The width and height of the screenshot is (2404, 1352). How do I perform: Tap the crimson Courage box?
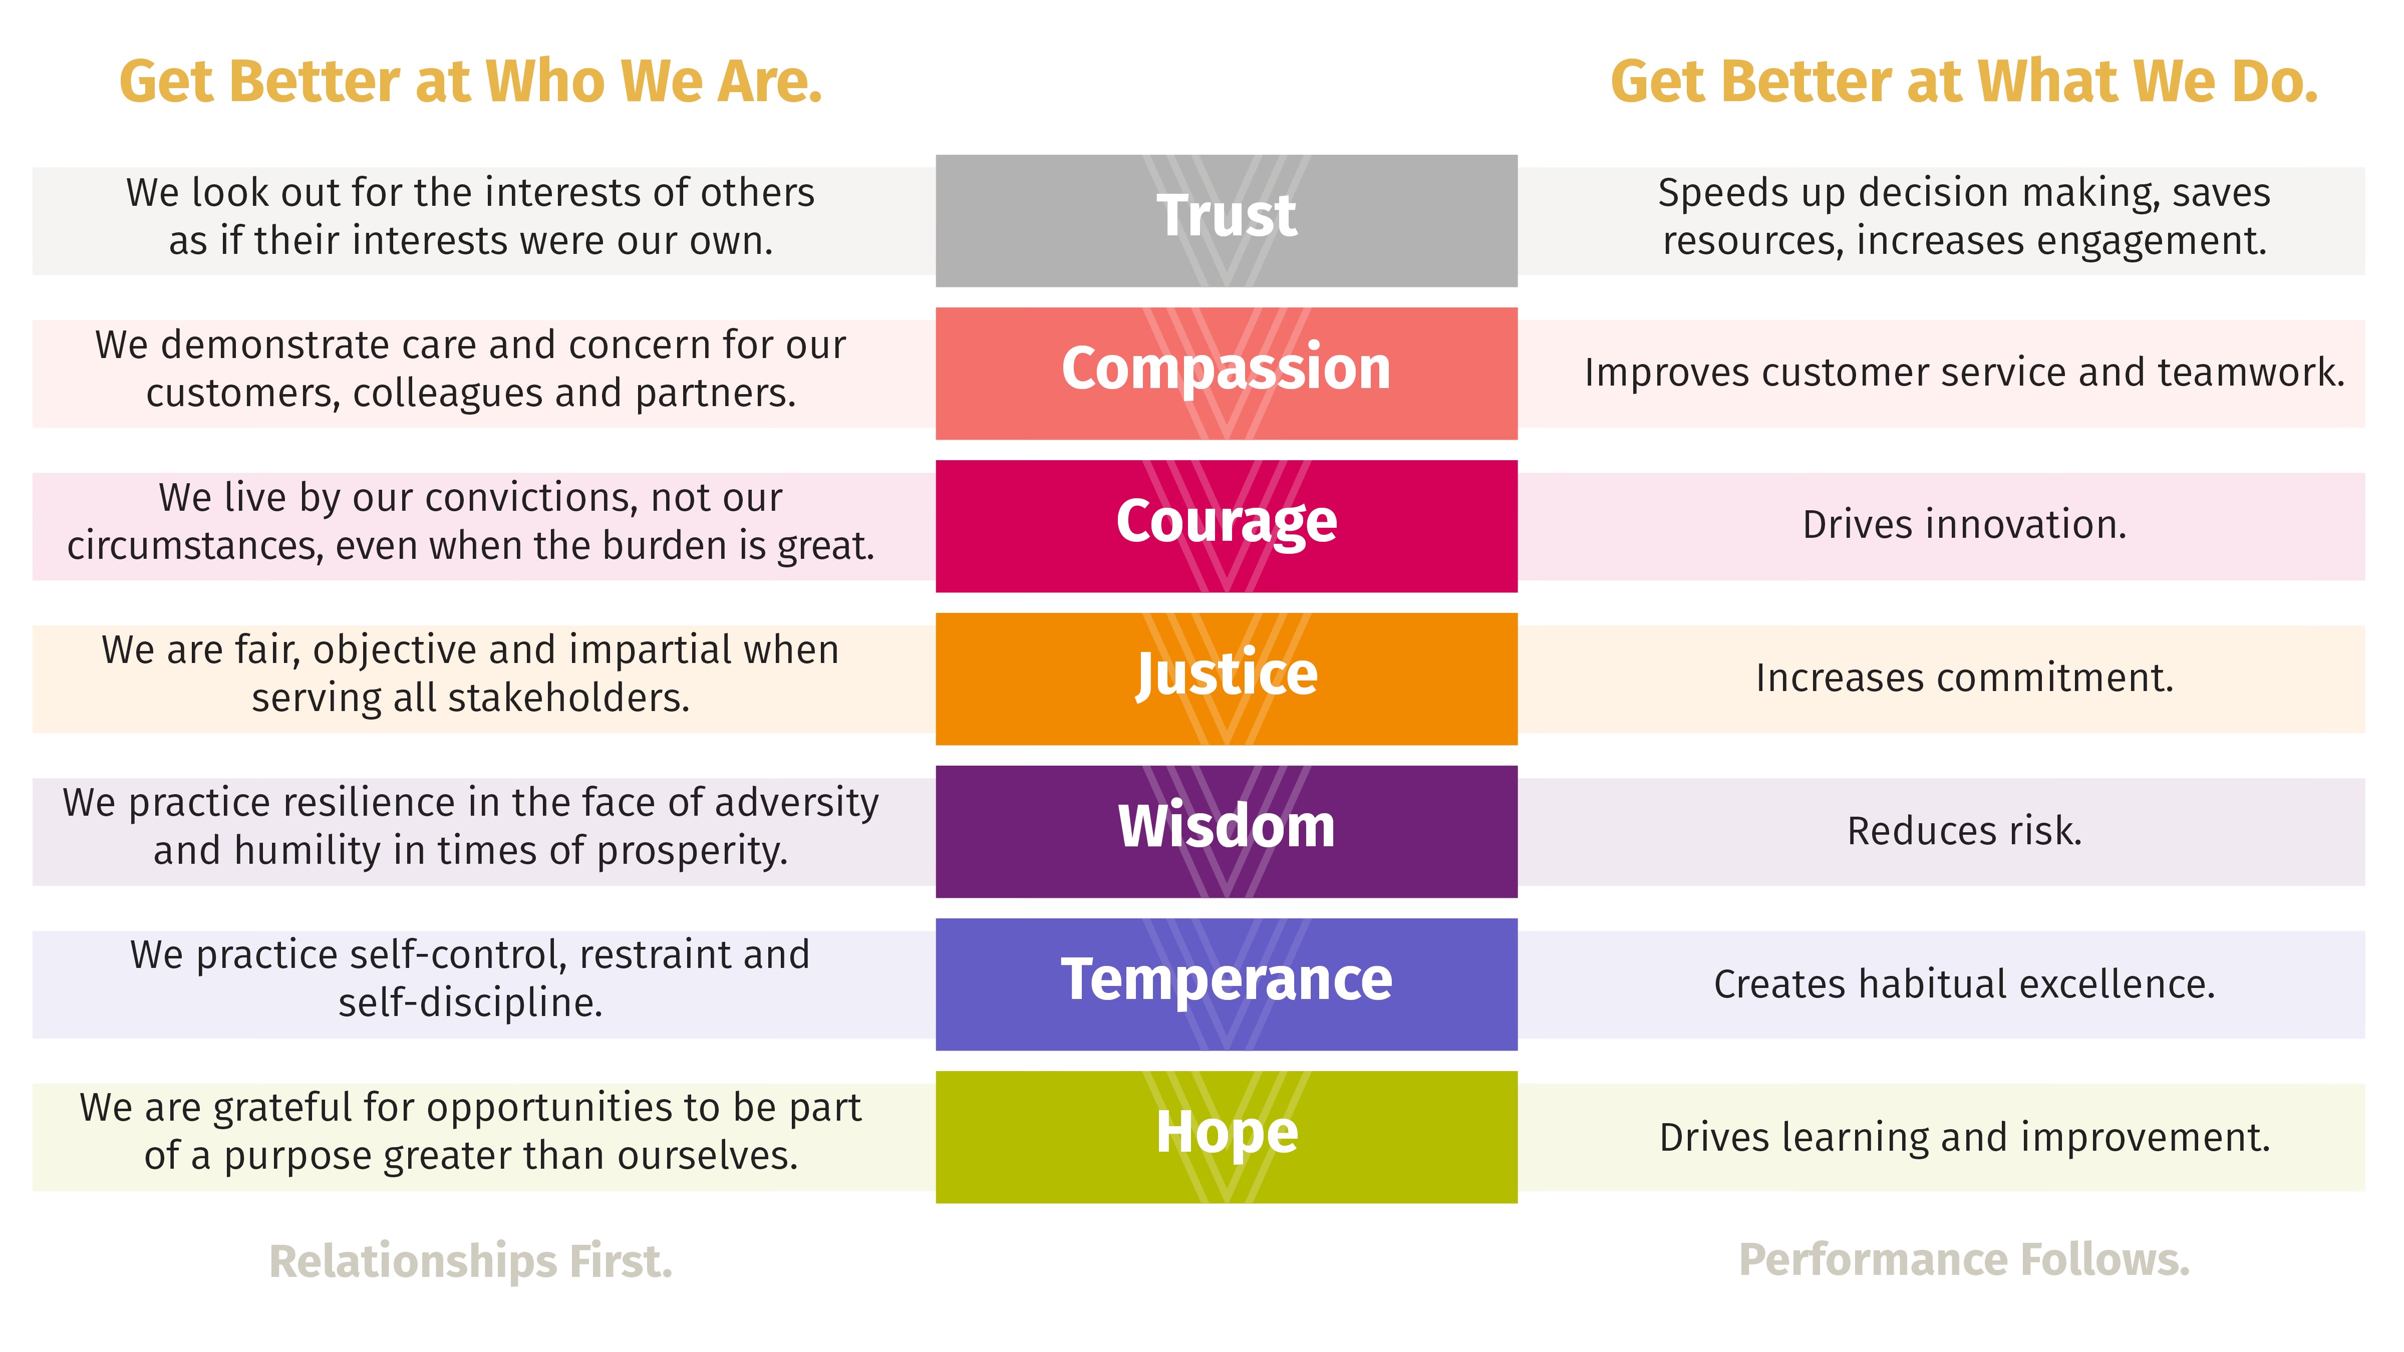(1226, 526)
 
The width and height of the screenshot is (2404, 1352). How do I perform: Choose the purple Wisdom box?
(1226, 831)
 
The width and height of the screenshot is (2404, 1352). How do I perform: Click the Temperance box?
(1226, 984)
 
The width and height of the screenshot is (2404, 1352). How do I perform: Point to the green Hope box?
(1226, 1137)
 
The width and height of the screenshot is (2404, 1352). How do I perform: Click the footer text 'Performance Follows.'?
(1964, 1260)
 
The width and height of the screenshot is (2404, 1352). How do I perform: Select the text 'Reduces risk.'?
(1964, 830)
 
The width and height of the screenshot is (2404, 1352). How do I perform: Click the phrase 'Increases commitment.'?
(1964, 678)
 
